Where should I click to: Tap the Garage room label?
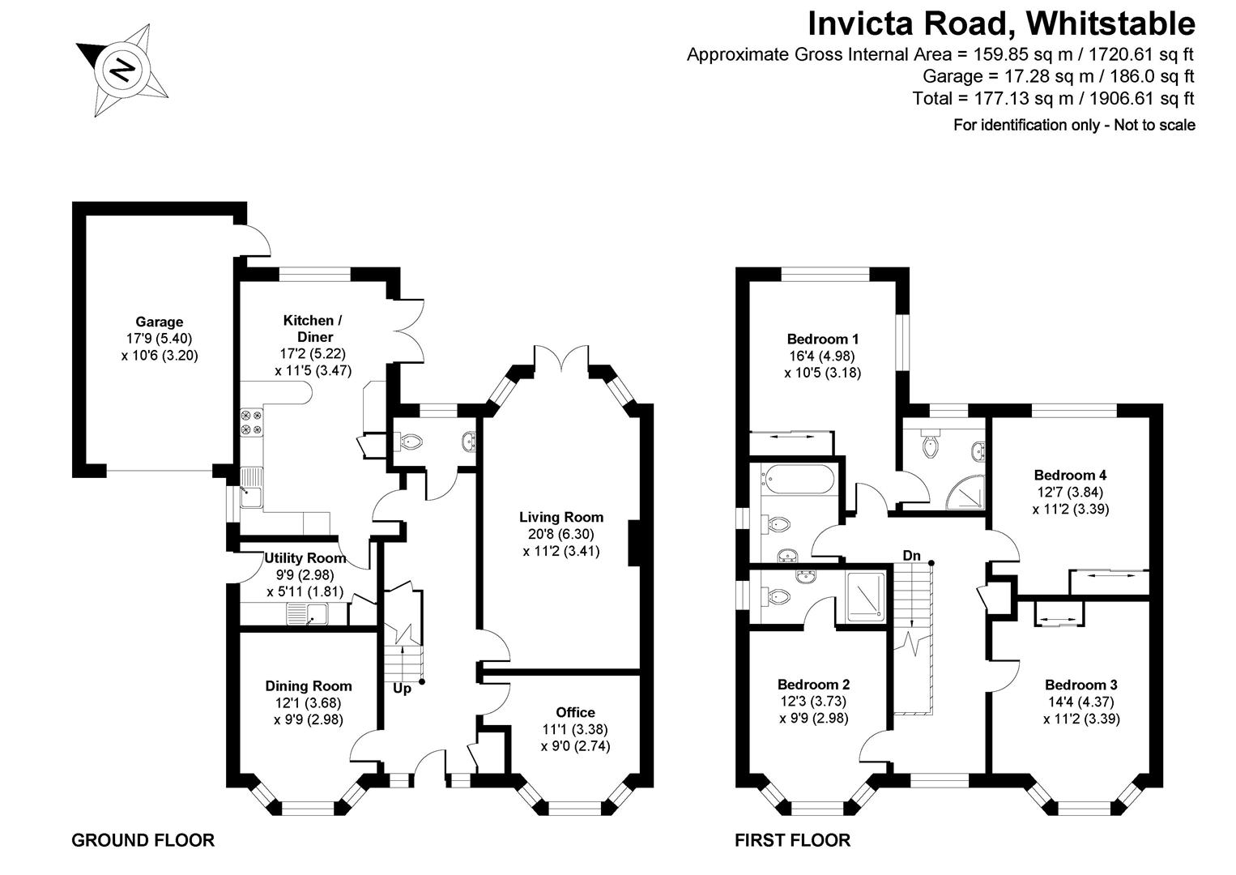(x=159, y=322)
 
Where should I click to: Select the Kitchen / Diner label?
(x=307, y=328)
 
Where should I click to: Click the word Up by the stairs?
(x=402, y=689)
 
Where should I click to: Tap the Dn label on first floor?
(x=912, y=556)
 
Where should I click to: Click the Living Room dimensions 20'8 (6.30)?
(x=561, y=535)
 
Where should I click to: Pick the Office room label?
(x=576, y=712)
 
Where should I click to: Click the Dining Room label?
(x=309, y=686)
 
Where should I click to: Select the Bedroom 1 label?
(x=822, y=339)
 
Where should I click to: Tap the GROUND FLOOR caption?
(x=143, y=840)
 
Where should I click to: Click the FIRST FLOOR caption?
(x=792, y=840)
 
